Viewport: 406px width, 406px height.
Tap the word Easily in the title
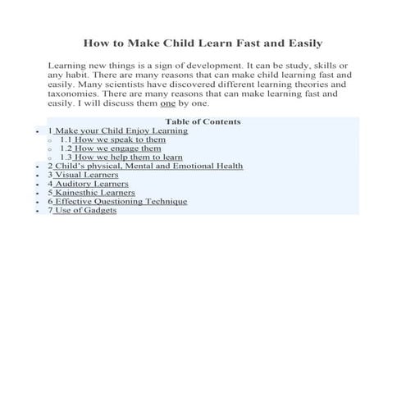point(299,42)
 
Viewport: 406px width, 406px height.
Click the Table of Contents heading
point(203,121)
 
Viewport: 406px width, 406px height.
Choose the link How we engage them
point(122,148)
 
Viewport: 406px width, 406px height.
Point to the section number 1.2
point(66,148)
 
